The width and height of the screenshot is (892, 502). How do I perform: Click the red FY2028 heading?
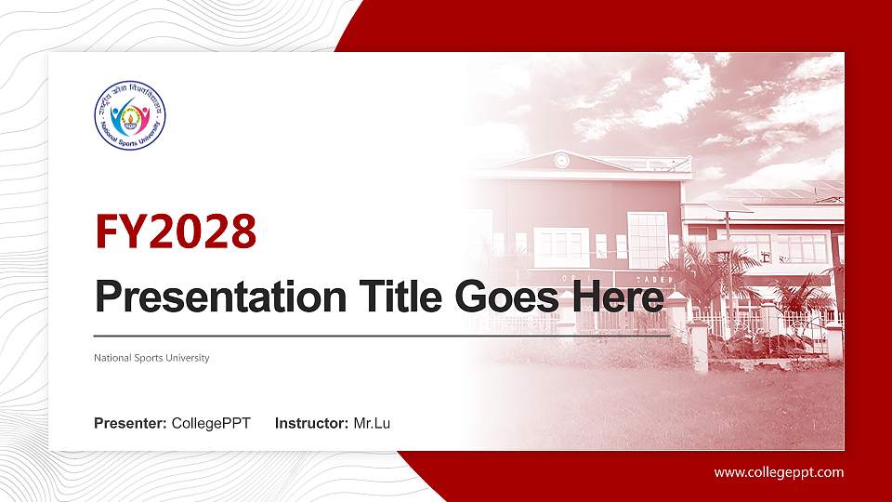click(x=176, y=232)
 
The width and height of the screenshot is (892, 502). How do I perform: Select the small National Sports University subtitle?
click(x=151, y=358)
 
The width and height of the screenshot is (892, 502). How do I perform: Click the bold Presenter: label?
click(x=130, y=424)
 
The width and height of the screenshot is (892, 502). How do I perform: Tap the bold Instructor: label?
click(x=312, y=424)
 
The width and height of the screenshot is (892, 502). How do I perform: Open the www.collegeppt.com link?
click(x=779, y=472)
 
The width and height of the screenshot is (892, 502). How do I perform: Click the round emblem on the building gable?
click(x=561, y=159)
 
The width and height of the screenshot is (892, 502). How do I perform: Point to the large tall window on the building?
click(x=647, y=238)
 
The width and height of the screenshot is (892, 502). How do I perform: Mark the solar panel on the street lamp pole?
click(x=728, y=207)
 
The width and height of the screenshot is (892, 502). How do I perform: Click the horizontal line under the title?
click(x=381, y=335)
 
